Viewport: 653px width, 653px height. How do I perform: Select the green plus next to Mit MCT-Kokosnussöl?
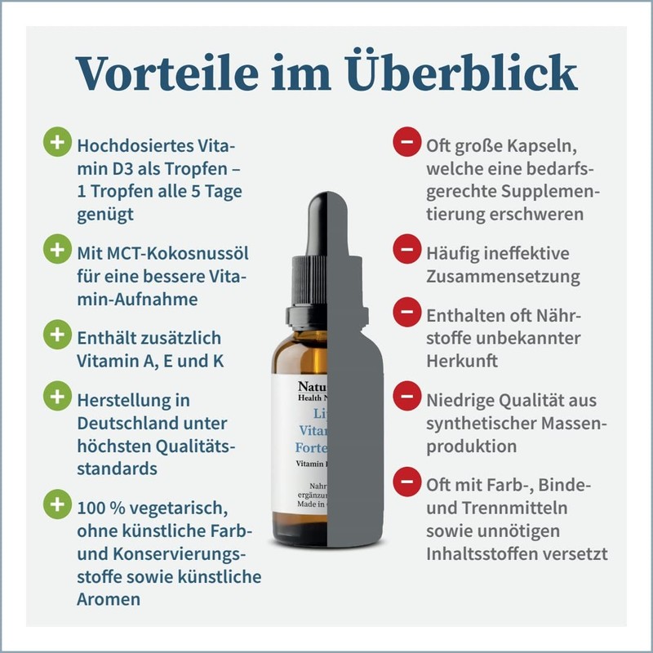point(56,249)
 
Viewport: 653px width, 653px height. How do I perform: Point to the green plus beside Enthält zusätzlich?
point(56,334)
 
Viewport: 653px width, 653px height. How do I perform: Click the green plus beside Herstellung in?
point(56,398)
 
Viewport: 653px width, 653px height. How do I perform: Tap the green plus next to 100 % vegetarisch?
point(56,504)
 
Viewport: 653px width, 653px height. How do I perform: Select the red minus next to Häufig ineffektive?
point(405,248)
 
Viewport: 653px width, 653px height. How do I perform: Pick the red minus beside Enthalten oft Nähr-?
point(405,311)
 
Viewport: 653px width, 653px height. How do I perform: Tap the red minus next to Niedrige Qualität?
point(405,398)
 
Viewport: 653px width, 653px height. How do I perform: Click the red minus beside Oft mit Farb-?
point(405,482)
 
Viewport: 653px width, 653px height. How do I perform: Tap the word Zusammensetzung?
point(503,277)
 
